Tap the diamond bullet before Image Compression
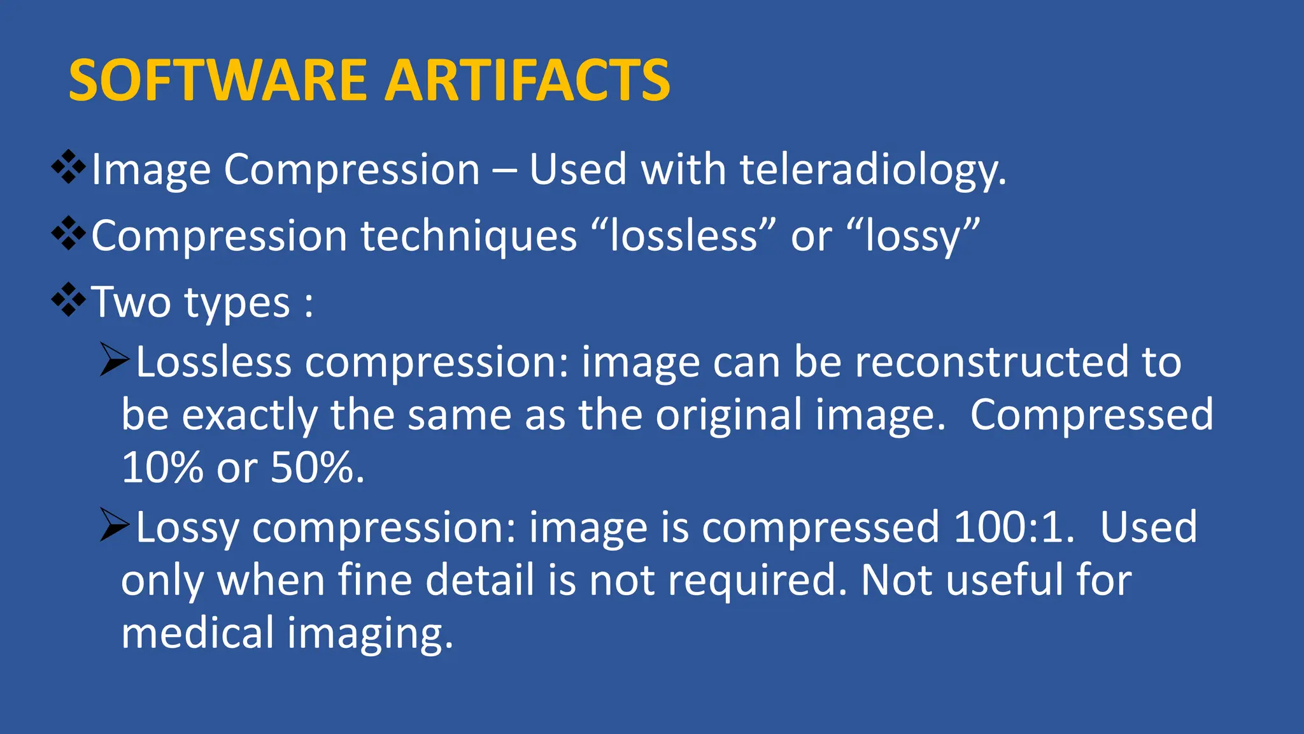point(69,168)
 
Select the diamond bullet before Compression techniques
point(69,234)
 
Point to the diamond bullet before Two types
point(69,300)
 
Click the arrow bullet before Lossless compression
point(115,360)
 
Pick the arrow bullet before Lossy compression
point(115,526)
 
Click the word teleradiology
point(872,171)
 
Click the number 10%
point(162,467)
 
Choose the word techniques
point(469,236)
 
